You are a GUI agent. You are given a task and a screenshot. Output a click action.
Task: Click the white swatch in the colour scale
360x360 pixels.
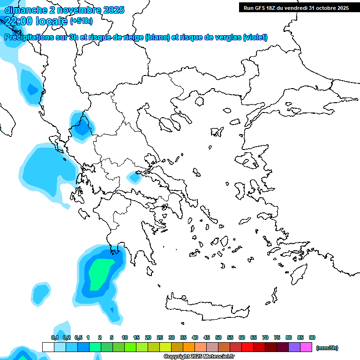(48, 347)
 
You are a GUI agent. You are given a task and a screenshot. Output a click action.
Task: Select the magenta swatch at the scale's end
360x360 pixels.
(306, 347)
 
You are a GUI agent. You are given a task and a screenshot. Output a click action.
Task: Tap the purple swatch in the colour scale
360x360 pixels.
(294, 347)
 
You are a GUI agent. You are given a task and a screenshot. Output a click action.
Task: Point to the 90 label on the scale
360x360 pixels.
(312, 338)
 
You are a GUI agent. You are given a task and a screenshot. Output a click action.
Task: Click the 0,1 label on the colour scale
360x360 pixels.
(55, 338)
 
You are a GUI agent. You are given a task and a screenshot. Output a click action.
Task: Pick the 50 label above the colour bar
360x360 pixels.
(218, 338)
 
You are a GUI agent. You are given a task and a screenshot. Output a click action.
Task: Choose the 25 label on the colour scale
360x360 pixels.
(160, 338)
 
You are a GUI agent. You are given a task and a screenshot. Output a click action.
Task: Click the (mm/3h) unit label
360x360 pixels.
(327, 348)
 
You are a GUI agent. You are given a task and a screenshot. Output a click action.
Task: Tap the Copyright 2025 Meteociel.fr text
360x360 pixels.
(199, 357)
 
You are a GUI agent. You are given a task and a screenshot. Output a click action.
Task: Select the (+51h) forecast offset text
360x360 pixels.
(81, 21)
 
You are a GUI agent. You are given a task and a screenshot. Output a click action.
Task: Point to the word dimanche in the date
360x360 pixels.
(24, 9)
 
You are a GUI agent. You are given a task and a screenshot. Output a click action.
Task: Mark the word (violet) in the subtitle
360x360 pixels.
(255, 37)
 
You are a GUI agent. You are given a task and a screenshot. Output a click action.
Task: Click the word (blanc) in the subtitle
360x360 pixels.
(157, 37)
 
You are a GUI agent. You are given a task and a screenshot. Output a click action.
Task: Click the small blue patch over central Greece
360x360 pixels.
(135, 177)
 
